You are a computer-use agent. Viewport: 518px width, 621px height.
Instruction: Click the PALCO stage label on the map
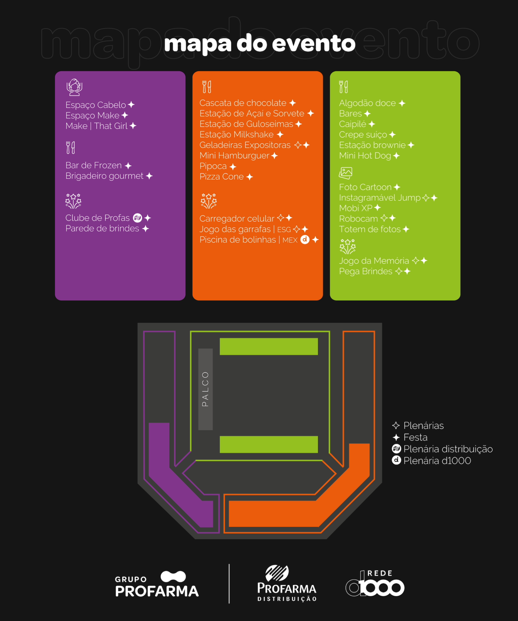click(x=205, y=389)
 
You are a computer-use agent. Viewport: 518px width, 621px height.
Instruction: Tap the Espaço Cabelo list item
click(x=96, y=105)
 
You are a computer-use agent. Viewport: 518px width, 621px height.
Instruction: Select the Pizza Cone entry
click(x=221, y=177)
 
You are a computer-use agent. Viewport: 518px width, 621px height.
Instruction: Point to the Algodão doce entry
click(x=367, y=103)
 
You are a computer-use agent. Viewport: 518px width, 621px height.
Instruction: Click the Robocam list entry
click(x=358, y=219)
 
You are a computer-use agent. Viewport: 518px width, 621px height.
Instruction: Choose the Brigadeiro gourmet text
click(x=104, y=176)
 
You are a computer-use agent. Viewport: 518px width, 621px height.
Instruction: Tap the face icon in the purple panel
click(x=74, y=87)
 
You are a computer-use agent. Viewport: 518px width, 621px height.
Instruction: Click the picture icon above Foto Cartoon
click(x=345, y=173)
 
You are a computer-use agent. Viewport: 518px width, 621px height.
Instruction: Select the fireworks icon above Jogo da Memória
click(x=347, y=247)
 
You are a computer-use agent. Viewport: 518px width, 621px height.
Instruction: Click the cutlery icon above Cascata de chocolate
click(x=207, y=87)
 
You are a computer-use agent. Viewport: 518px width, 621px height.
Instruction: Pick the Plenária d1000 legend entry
click(x=437, y=461)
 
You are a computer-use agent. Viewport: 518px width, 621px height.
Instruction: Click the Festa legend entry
click(x=415, y=437)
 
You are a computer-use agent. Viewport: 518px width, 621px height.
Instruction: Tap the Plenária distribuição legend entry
click(x=448, y=449)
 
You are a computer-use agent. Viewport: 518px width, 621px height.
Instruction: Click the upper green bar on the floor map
click(x=269, y=346)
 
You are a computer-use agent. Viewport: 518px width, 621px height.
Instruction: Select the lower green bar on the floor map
click(x=269, y=444)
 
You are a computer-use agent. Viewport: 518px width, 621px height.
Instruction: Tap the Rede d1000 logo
click(x=375, y=584)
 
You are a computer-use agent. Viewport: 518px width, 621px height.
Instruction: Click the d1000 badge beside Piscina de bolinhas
click(x=305, y=240)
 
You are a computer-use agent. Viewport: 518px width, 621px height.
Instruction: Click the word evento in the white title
click(x=314, y=43)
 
